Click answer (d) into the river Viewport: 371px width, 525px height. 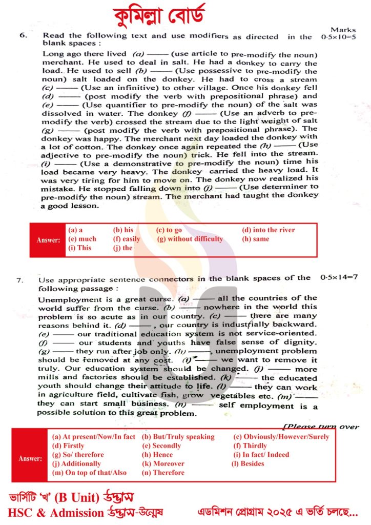click(x=268, y=230)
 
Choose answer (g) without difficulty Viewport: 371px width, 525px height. click(x=190, y=239)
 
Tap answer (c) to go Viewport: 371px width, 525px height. click(x=169, y=230)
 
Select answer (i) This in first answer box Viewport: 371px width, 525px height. click(x=79, y=248)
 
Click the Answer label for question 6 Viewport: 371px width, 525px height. click(x=48, y=239)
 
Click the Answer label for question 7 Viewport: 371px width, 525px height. click(x=30, y=458)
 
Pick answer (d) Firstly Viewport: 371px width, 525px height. click(x=68, y=446)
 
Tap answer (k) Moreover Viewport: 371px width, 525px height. click(x=163, y=463)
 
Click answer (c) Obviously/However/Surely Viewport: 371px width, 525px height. click(x=281, y=437)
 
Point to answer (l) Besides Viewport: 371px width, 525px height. click(x=248, y=463)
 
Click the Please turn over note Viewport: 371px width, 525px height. click(x=321, y=427)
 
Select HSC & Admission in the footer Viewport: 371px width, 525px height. click(x=55, y=512)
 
